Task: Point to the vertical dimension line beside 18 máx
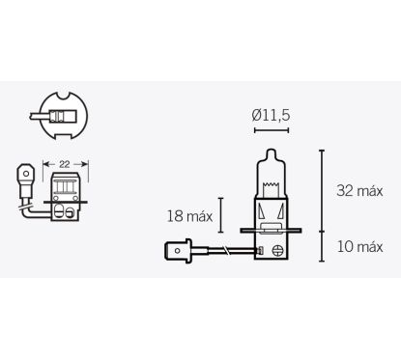[221, 214]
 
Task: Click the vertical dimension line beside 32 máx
[323, 191]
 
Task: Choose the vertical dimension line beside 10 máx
[323, 248]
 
